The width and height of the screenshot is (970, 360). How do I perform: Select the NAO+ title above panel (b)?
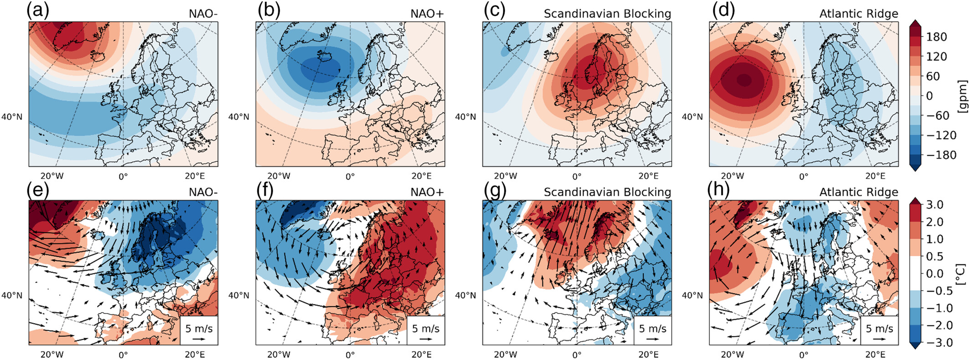(427, 14)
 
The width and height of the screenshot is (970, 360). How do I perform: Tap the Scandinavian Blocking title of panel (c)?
(607, 14)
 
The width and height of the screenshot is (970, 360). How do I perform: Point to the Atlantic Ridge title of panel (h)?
(858, 192)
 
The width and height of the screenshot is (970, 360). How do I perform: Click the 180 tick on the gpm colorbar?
(937, 37)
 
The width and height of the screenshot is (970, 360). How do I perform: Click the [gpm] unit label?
(962, 96)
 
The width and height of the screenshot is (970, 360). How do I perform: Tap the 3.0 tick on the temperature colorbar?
(934, 205)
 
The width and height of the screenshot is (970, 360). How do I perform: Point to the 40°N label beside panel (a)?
(11, 117)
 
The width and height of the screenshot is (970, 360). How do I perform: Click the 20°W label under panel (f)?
(278, 354)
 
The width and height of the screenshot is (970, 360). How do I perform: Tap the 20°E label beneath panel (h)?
(875, 354)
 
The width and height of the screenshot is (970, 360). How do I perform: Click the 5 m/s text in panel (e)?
(199, 328)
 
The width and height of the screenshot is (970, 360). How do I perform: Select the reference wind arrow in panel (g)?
(653, 339)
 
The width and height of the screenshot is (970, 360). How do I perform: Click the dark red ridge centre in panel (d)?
(743, 80)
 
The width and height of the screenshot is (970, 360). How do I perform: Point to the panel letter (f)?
(265, 190)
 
